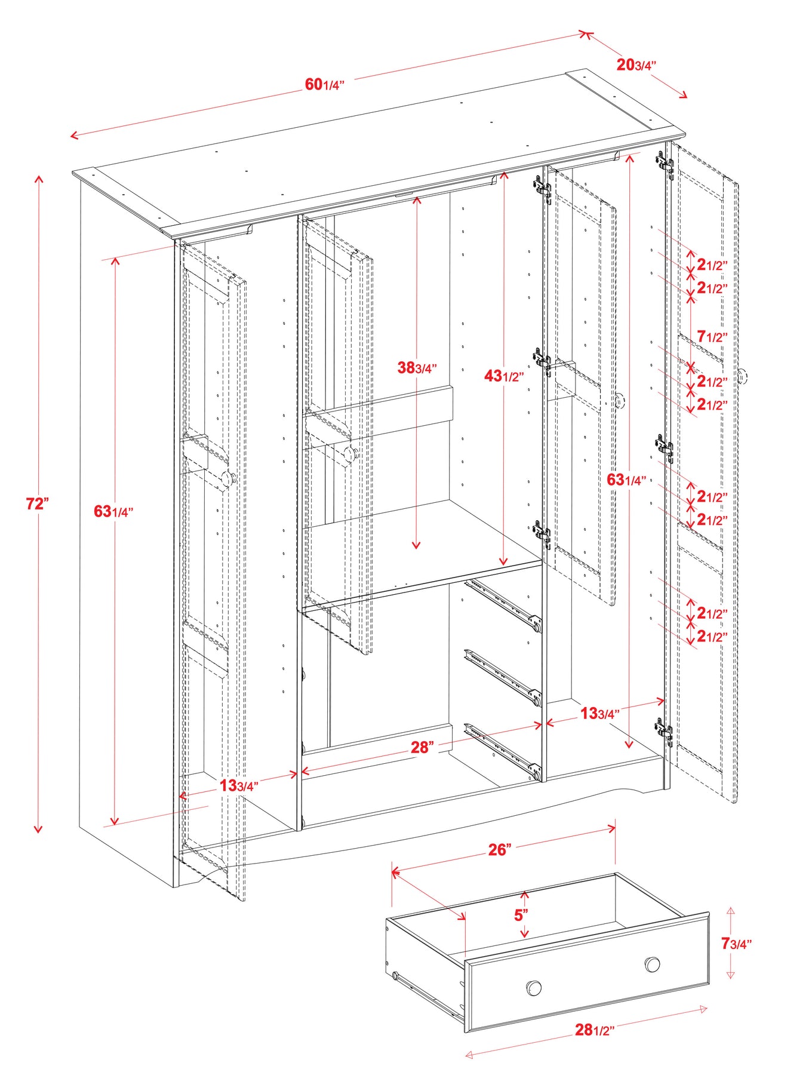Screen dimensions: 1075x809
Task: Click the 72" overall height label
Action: [x=37, y=503]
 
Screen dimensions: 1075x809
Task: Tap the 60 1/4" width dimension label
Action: [x=325, y=84]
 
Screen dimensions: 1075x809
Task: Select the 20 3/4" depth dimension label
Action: [x=636, y=64]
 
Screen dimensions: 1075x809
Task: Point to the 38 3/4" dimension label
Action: [x=417, y=367]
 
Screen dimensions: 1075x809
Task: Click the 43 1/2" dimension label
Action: [x=504, y=376]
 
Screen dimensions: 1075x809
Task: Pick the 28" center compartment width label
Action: [x=422, y=747]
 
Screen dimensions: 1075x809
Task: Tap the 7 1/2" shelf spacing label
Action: [x=712, y=337]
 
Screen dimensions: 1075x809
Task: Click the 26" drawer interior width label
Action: [x=500, y=849]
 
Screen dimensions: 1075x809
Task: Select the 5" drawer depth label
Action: [x=521, y=914]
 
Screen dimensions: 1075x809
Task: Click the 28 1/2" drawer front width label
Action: [x=594, y=1029]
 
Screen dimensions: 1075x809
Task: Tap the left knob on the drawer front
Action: [x=534, y=987]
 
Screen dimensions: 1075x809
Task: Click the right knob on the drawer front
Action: [x=652, y=964]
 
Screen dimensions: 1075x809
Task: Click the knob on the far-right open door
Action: [x=742, y=376]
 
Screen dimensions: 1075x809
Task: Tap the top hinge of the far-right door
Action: [x=665, y=164]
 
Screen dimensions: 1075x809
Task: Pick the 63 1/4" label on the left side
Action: [x=113, y=511]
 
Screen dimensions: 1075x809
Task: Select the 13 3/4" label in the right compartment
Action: [x=599, y=713]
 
